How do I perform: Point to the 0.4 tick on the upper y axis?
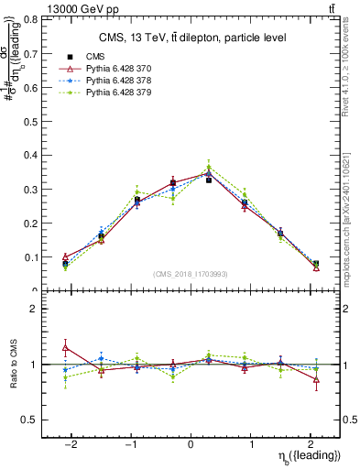coord(34,155)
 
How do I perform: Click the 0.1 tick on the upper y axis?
coord(34,257)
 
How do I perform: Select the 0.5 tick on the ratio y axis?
coord(34,420)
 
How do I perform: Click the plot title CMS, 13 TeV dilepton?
coord(191,38)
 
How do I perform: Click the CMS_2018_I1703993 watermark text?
coord(191,274)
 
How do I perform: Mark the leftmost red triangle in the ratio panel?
coord(65,347)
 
